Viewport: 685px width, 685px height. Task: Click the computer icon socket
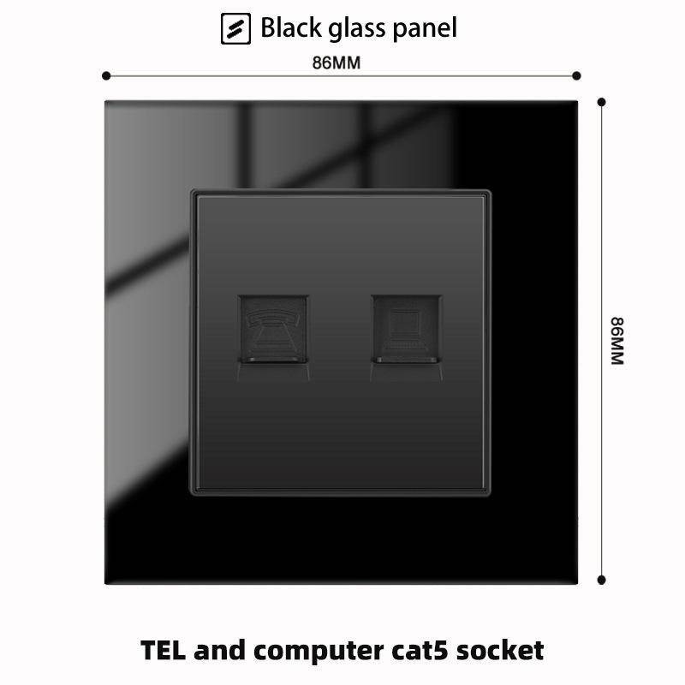point(407,330)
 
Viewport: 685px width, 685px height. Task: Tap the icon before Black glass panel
point(235,28)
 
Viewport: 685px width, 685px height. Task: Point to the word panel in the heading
point(426,29)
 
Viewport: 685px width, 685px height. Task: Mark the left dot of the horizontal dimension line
point(106,76)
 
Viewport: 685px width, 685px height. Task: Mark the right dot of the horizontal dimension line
point(579,76)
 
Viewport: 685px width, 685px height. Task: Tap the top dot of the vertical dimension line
point(603,102)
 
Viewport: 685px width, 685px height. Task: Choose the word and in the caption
point(218,650)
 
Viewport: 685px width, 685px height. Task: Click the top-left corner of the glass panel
point(106,101)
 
